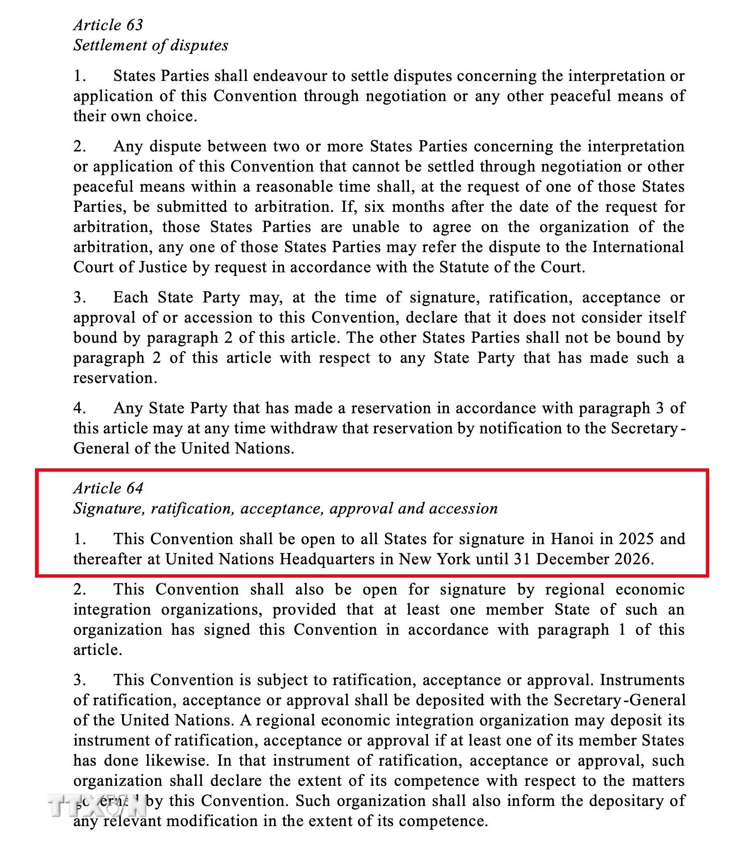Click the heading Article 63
coord(108,25)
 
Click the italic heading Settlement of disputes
coord(151,45)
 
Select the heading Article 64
coord(108,489)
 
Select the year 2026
coord(631,559)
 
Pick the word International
coord(638,247)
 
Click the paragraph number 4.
coord(79,408)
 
